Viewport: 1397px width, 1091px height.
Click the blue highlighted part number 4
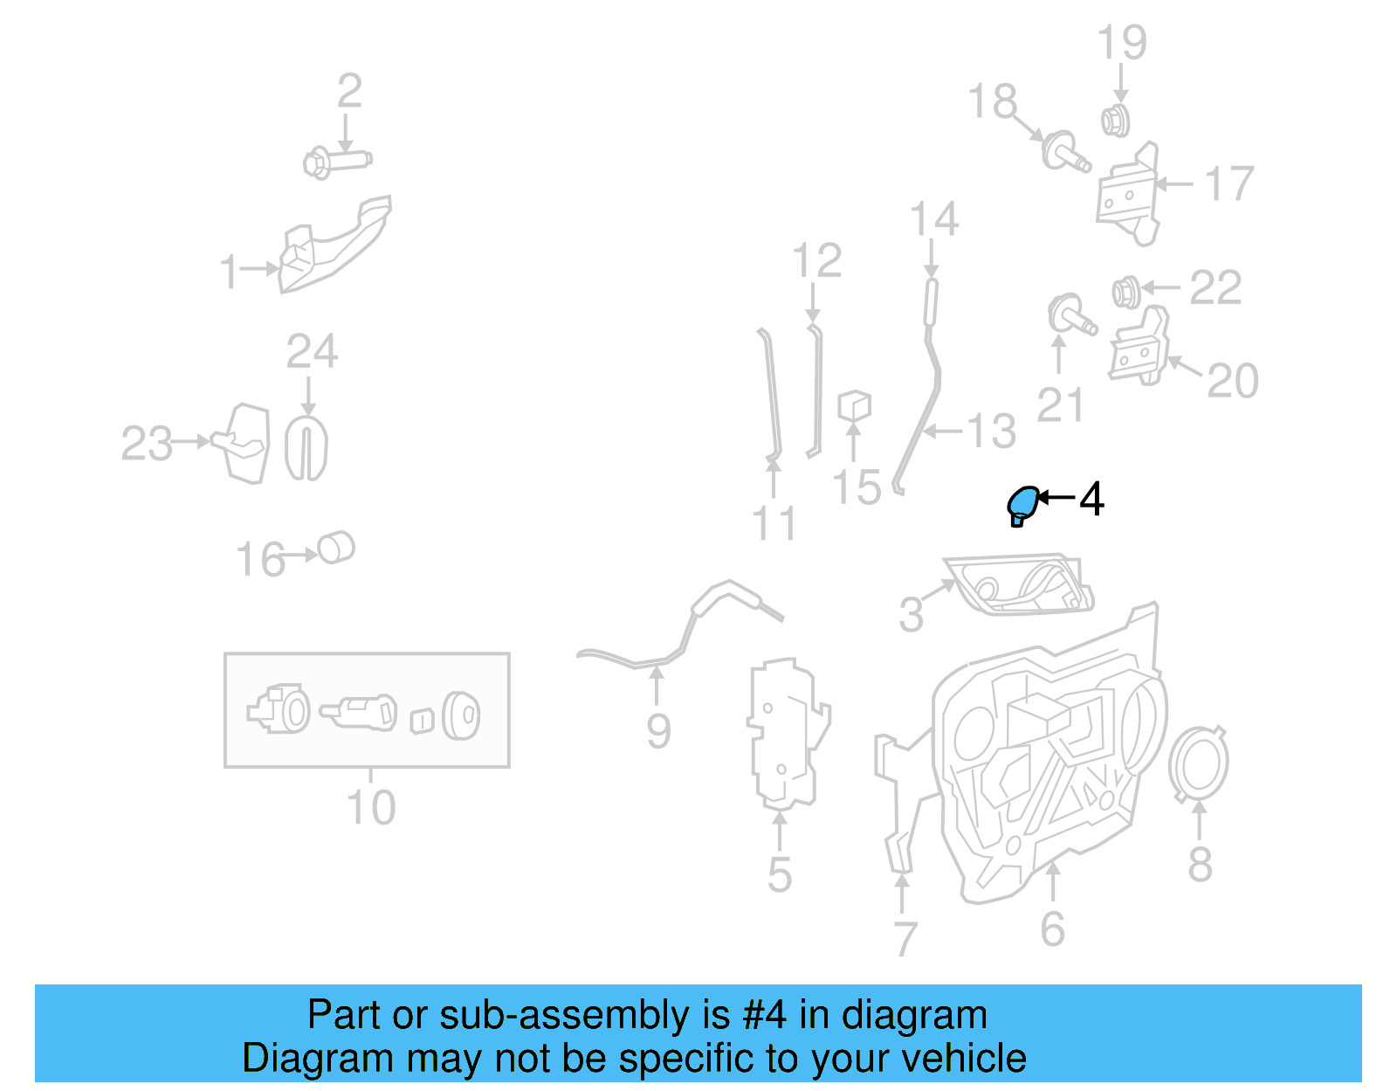(x=1022, y=504)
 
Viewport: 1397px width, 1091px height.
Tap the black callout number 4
(x=1091, y=499)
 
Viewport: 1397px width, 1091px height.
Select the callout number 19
(x=1121, y=42)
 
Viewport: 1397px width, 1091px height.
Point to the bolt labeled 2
(x=336, y=162)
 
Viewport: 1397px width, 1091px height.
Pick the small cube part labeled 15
(x=854, y=406)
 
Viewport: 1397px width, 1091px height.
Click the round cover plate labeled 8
(x=1199, y=763)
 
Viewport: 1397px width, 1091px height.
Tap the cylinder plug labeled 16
(x=336, y=548)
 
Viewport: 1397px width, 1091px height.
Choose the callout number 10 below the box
(x=371, y=807)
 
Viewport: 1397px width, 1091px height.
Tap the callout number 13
(x=992, y=432)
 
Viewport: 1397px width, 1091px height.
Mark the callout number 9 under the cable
(x=658, y=730)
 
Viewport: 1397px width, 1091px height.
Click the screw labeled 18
(x=1064, y=152)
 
